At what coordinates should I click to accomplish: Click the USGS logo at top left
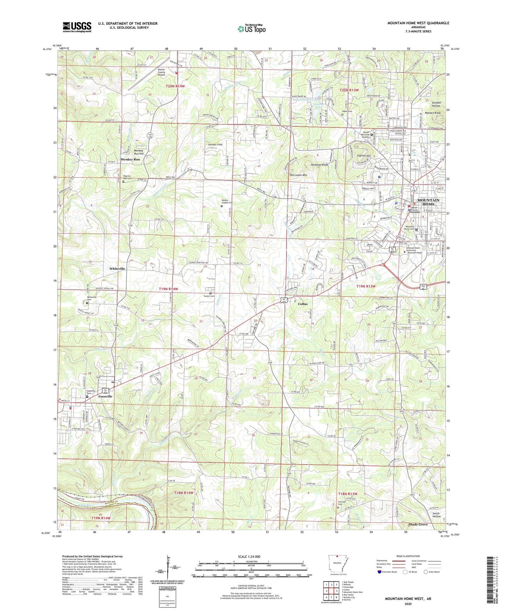pyautogui.click(x=77, y=27)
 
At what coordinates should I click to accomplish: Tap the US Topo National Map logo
pyautogui.click(x=251, y=28)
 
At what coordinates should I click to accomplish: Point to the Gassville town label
pyautogui.click(x=105, y=396)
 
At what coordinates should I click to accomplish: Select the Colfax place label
pyautogui.click(x=303, y=304)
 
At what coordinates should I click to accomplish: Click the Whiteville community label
pyautogui.click(x=117, y=268)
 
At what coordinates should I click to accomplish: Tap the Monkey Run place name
pyautogui.click(x=130, y=159)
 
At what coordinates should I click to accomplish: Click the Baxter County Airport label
pyautogui.click(x=162, y=72)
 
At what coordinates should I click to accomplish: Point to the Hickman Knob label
pyautogui.click(x=319, y=164)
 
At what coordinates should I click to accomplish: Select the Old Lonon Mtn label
pyautogui.click(x=298, y=175)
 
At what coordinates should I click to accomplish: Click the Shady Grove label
pyautogui.click(x=418, y=524)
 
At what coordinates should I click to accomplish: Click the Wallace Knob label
pyautogui.click(x=433, y=113)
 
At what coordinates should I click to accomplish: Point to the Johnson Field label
pyautogui.click(x=215, y=144)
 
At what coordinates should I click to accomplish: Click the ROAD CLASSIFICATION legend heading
pyautogui.click(x=408, y=556)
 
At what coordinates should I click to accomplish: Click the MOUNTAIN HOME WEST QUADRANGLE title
pyautogui.click(x=418, y=23)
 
